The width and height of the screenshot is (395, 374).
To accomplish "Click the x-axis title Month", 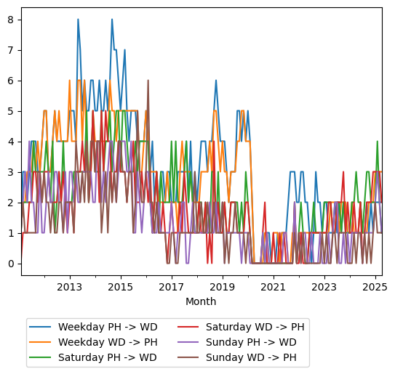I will pos(201,301).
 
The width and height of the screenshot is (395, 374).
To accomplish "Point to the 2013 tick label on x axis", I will pos(70,287).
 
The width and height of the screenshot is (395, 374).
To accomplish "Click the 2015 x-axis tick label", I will pos(121,287).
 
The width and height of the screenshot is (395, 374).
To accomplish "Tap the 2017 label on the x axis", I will pos(172,287).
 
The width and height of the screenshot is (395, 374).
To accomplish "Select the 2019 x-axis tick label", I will pos(223,287).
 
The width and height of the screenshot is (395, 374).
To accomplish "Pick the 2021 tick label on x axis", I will pos(274,287).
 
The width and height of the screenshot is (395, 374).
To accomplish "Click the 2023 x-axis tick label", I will pos(324,287).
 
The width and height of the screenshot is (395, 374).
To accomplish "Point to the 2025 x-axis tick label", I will pos(375,287).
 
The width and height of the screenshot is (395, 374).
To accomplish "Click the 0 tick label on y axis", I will pos(11,264).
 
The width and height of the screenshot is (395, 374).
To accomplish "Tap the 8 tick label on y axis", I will pos(11,20).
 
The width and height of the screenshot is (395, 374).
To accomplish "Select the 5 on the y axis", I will pos(11,111).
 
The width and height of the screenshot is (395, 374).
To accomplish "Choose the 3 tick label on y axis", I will pos(11,172).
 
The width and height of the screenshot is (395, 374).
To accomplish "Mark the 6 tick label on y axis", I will pos(11,81).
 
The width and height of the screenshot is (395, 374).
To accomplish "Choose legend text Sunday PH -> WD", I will pos(251,342).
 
